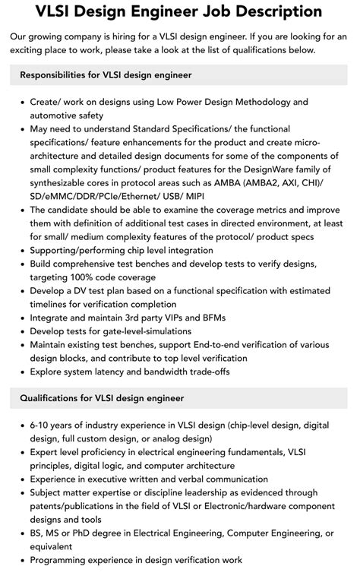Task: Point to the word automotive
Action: [x=58, y=115]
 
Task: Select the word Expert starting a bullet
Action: [x=46, y=452]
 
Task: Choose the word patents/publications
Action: [x=78, y=506]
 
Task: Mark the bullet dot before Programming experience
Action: [x=22, y=561]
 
